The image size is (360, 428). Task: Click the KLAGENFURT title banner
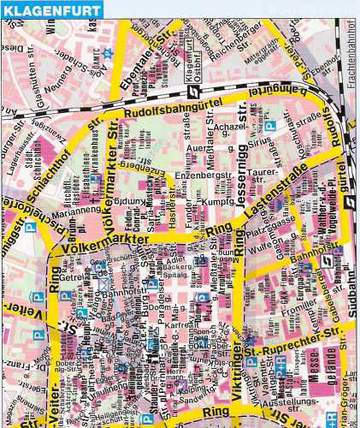coord(45,9)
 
